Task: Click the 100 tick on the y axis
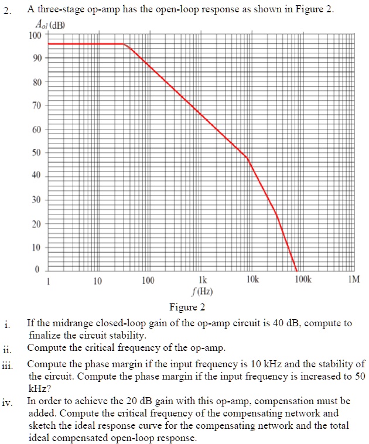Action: coord(35,35)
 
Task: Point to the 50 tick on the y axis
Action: coord(36,152)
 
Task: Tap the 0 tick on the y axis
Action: coord(37,270)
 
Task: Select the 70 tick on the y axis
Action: coord(36,105)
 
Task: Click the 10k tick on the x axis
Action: coord(252,281)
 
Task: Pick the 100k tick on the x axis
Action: coord(303,281)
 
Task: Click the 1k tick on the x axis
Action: coord(202,281)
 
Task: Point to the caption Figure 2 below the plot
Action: coord(187,307)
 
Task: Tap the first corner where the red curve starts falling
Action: coord(125,44)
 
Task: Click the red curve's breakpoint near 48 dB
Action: coord(247,158)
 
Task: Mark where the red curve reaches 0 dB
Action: coord(297,269)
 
